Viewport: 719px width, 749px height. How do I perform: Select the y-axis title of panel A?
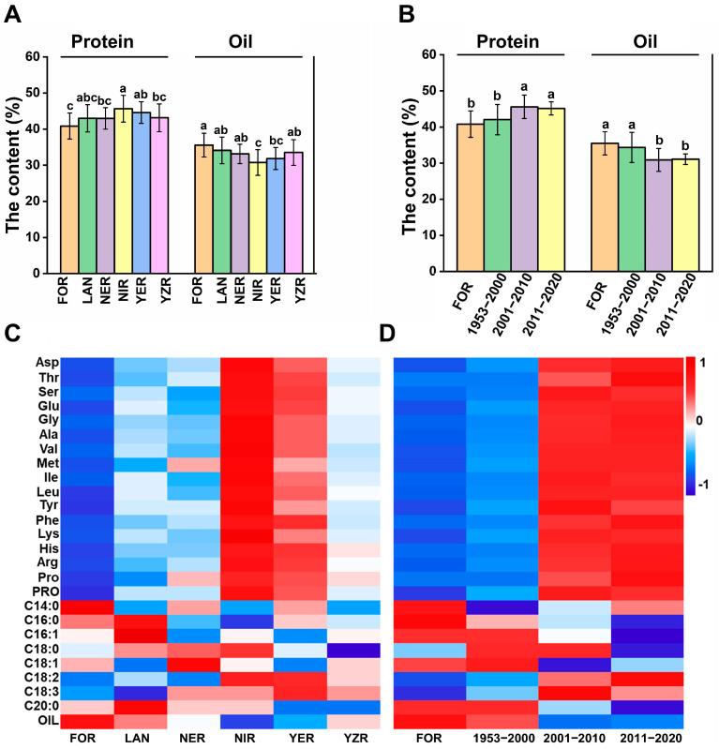pos(12,164)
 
